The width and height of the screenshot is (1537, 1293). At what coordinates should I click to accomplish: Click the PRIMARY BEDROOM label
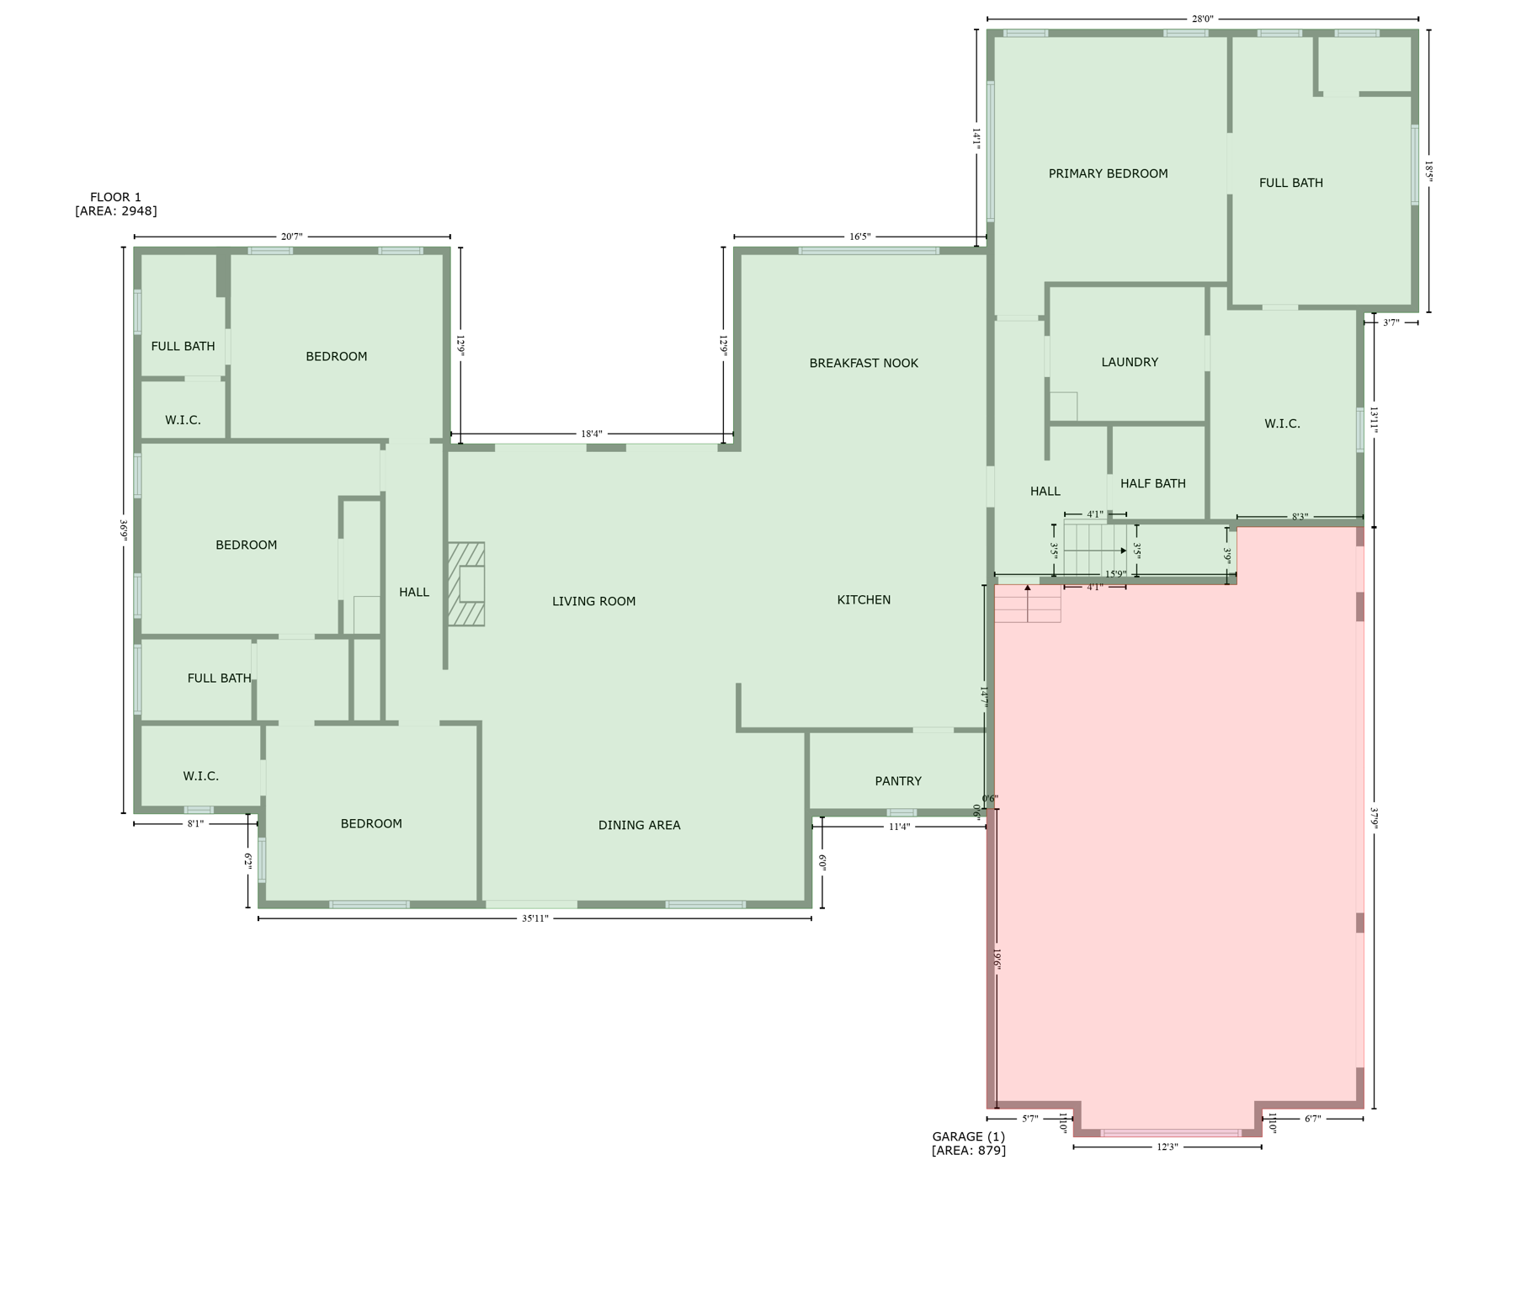(1108, 174)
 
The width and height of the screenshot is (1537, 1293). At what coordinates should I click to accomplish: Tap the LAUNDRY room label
(1130, 362)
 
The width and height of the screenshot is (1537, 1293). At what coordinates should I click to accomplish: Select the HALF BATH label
(1152, 483)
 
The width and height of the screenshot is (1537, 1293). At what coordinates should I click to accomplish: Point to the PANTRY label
(898, 781)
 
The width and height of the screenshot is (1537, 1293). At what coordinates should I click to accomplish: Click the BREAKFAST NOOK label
(864, 363)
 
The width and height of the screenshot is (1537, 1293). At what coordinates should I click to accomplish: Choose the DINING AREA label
(639, 825)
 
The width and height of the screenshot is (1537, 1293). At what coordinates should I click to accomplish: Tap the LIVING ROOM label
(593, 601)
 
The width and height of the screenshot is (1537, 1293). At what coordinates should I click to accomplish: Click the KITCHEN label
(864, 599)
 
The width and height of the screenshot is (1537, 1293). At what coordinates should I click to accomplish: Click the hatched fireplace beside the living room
(466, 584)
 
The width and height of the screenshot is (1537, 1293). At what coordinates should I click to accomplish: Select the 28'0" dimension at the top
(1202, 19)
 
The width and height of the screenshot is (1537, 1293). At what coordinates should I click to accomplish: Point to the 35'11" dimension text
(534, 918)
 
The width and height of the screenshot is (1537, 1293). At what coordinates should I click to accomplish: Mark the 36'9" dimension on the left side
(124, 529)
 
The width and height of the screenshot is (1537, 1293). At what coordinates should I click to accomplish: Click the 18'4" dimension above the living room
(592, 434)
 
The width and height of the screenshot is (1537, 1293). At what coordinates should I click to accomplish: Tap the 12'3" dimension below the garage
(1167, 1147)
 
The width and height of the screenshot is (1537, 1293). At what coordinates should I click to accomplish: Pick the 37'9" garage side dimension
(1374, 818)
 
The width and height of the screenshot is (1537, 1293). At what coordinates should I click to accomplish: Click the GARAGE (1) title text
(968, 1136)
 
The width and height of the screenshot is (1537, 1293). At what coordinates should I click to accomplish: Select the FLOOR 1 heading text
(115, 198)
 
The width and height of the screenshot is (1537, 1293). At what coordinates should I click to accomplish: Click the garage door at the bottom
(1170, 1133)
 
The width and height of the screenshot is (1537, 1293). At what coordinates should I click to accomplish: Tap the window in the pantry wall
(901, 812)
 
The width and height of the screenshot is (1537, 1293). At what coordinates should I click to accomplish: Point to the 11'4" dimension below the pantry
(899, 827)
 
